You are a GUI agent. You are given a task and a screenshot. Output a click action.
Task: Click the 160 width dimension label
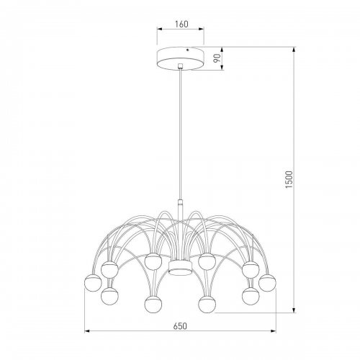tap(181, 24)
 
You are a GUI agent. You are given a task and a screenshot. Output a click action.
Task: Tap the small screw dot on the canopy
tap(188, 51)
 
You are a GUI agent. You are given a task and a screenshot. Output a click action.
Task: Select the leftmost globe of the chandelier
tap(93, 281)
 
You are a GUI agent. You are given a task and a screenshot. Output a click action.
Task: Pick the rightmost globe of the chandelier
tap(268, 281)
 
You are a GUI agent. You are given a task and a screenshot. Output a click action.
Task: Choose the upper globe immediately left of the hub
tap(151, 261)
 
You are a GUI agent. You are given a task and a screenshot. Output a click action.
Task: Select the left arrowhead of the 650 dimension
tap(88, 332)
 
